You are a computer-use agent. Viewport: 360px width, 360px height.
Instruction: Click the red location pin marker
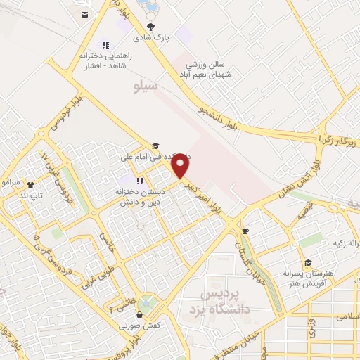tap(181, 167)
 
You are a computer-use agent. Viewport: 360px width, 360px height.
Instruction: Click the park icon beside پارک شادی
tap(150, 26)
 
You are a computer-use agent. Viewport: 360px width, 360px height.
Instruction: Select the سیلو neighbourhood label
tap(147, 85)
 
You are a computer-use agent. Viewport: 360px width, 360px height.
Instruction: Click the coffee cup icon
tap(245, 231)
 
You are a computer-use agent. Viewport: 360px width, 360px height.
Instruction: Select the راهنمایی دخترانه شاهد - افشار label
tap(104, 60)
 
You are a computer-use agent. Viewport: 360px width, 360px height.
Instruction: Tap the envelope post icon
tap(84, 14)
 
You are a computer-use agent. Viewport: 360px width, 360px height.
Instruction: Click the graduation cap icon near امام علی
tap(155, 145)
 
